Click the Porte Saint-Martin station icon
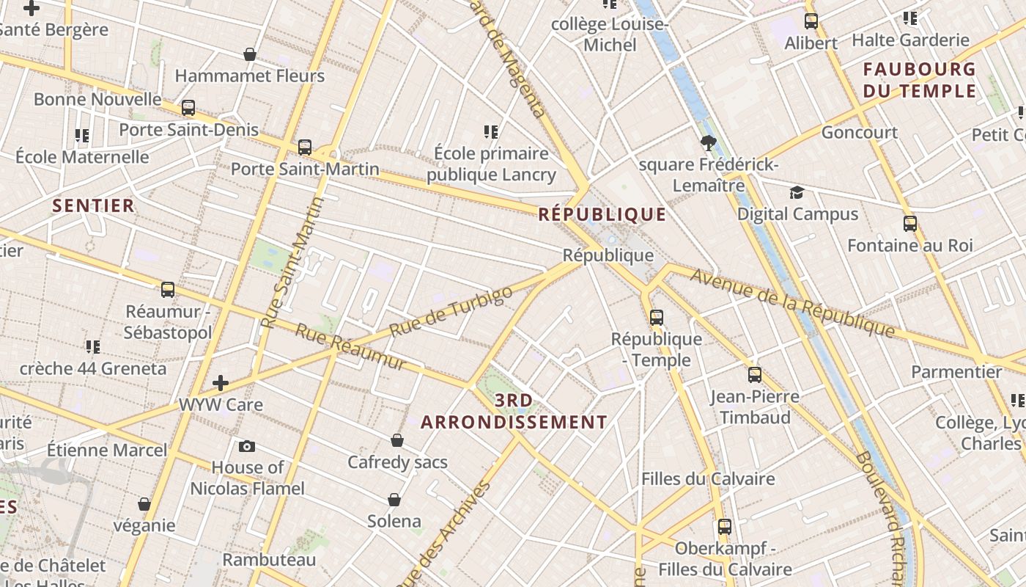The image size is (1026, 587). (305, 147)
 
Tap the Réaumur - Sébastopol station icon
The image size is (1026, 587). (168, 290)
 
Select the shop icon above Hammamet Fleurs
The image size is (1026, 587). (250, 54)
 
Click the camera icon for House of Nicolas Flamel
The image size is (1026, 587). (247, 446)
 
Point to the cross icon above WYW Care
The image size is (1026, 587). (221, 383)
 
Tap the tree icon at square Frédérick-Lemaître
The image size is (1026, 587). (708, 143)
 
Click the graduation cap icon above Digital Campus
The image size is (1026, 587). (797, 193)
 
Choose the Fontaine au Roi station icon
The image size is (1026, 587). (910, 224)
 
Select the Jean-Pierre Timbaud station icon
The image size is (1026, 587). (755, 375)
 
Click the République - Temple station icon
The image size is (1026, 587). (657, 318)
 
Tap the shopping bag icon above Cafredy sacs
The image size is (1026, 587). (397, 440)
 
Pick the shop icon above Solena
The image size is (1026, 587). (394, 500)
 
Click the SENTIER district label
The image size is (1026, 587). (94, 205)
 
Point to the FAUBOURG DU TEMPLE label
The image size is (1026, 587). (920, 81)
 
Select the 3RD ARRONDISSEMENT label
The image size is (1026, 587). (514, 412)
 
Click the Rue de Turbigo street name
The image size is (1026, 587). (451, 312)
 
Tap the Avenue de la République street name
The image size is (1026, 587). (792, 303)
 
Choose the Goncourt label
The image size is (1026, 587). (859, 133)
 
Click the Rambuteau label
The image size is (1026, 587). (269, 560)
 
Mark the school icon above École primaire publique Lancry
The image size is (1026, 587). (491, 132)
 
